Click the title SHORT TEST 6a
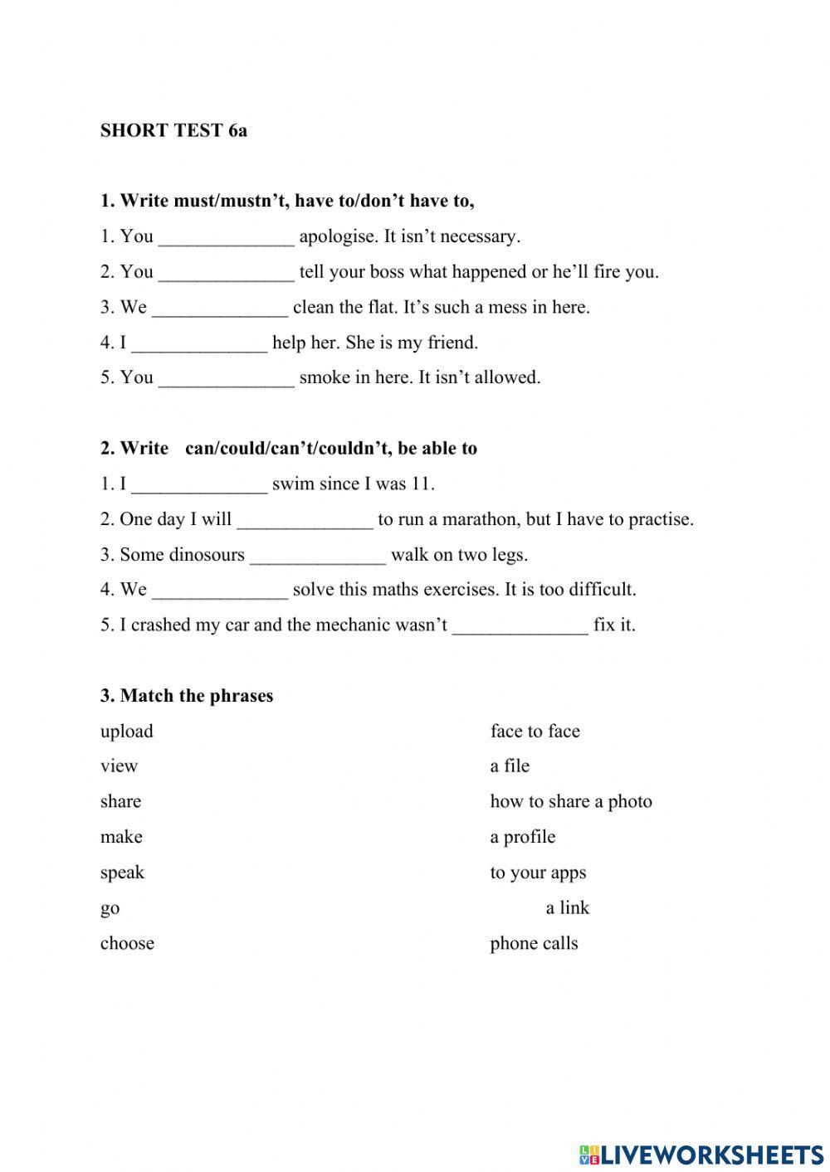coord(173,131)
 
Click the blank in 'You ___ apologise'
coord(226,237)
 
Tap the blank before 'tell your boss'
coord(226,273)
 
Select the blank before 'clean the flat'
coord(220,309)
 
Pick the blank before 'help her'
coord(199,343)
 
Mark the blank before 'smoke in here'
coord(226,379)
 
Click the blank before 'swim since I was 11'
coord(199,484)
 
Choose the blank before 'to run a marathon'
coord(305,520)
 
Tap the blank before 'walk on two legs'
coord(318,556)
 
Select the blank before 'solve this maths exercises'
coord(220,591)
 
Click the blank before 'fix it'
coord(520,626)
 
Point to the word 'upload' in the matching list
coord(127,732)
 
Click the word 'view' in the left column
coord(119,766)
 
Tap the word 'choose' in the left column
coord(127,944)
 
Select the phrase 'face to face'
coord(535,732)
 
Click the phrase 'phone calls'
coord(534,944)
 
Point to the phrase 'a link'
coord(567,908)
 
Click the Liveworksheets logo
coord(701,1154)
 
